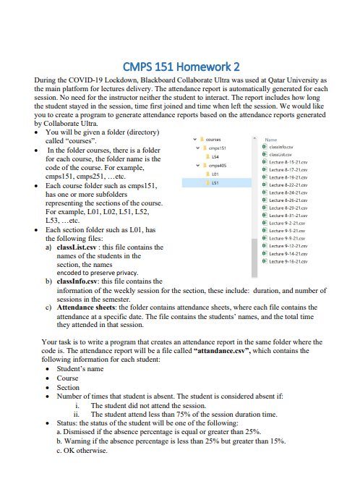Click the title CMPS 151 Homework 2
(180, 66)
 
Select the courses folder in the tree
(213, 139)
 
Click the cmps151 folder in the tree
(219, 148)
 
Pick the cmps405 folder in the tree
(219, 166)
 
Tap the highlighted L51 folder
(215, 183)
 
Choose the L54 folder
(215, 156)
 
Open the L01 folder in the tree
(215, 174)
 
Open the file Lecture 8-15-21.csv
(287, 164)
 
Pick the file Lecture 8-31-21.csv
(287, 216)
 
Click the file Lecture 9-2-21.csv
(286, 224)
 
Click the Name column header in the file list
(272, 139)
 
